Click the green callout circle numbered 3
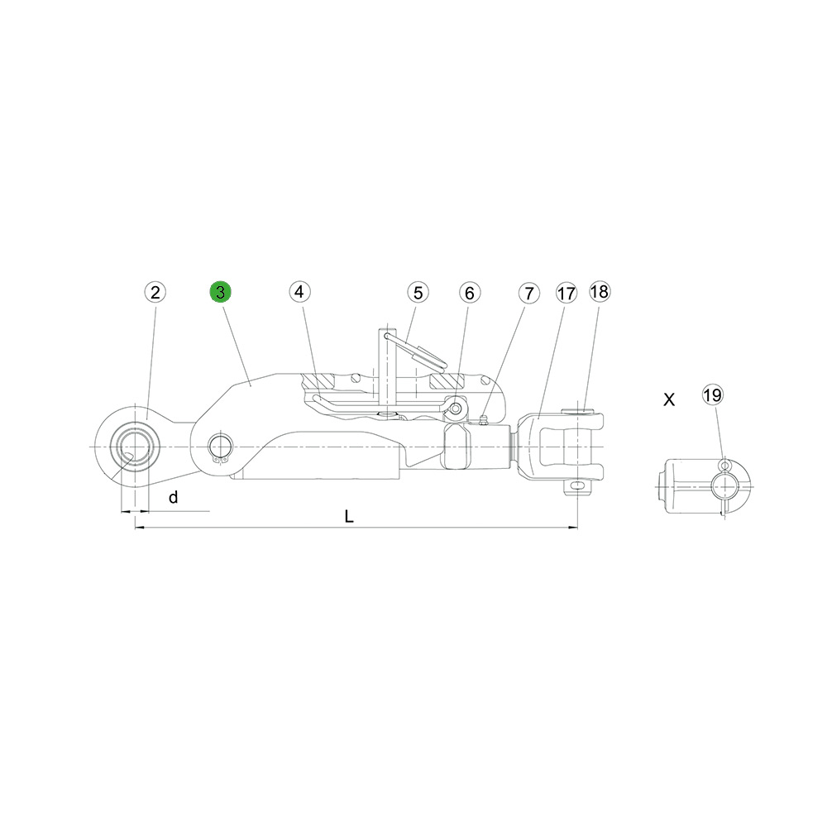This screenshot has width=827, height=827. (221, 292)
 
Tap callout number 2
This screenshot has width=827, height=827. (155, 292)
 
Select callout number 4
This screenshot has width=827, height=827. (299, 292)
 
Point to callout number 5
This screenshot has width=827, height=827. (418, 293)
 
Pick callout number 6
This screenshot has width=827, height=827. (470, 293)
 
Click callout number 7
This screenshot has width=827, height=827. (529, 294)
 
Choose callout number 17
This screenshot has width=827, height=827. (566, 294)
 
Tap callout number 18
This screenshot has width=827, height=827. (599, 292)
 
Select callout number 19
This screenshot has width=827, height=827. (713, 395)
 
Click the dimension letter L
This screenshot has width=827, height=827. (349, 516)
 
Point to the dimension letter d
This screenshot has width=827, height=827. (174, 497)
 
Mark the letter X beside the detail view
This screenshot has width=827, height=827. (669, 399)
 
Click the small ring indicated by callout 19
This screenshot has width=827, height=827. (724, 465)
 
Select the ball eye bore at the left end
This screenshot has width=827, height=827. (135, 447)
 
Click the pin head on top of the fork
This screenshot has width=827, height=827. (579, 410)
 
